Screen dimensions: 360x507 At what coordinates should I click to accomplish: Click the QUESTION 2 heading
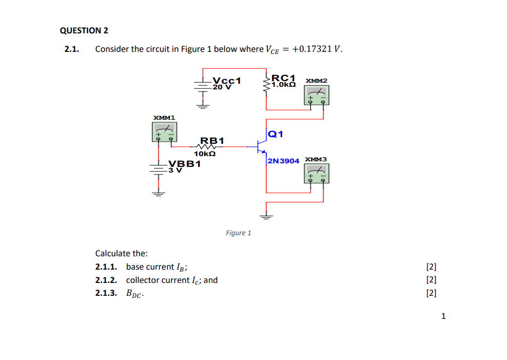point(84,30)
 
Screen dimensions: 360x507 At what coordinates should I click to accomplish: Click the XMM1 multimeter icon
point(165,134)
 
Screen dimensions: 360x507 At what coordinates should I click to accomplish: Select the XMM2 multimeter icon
point(316,95)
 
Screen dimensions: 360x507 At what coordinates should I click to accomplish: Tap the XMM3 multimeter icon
point(317,174)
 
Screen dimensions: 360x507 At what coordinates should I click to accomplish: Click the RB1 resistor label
point(212,140)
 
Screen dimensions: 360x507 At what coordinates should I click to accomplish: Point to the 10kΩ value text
point(204,153)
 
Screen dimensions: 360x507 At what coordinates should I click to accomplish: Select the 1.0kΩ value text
point(284,85)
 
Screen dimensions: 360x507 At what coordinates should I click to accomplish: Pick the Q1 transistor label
point(276,135)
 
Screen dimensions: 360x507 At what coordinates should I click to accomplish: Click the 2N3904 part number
point(283,161)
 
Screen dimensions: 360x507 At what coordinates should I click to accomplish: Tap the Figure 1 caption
point(239,233)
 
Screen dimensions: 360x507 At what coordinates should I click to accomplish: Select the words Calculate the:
point(122,253)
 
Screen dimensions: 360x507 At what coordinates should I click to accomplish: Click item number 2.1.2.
point(106,280)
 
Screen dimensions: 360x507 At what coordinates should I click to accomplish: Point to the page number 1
point(443,316)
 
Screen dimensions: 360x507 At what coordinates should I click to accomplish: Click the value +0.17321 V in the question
point(317,49)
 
